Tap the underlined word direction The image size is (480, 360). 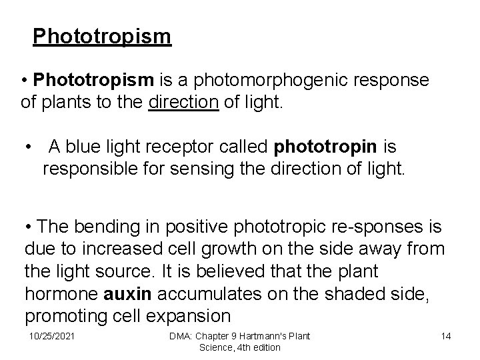click(184, 102)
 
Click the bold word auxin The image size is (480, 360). click(123, 293)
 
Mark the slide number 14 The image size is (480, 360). click(446, 336)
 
